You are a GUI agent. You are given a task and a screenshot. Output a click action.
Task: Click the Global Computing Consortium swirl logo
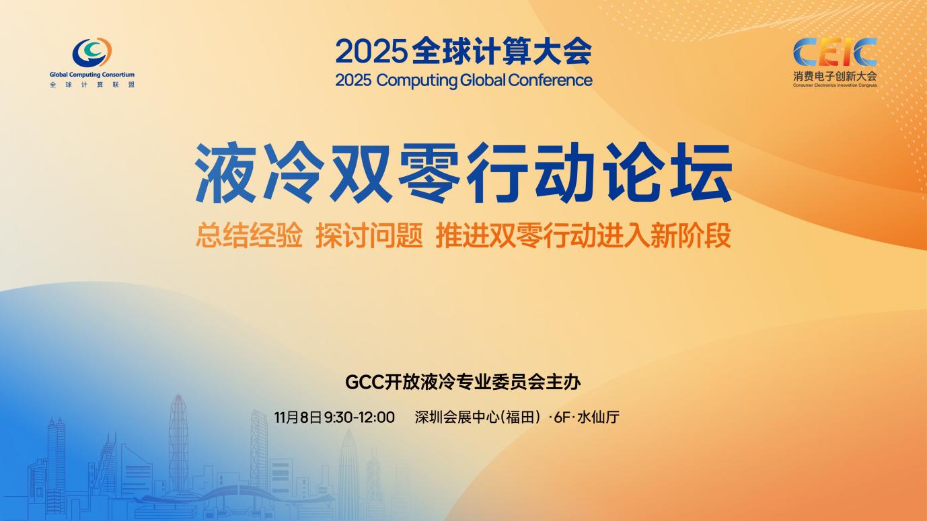point(92,52)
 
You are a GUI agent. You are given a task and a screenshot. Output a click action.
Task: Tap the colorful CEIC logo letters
point(835,52)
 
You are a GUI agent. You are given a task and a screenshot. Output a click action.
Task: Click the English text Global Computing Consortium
point(92,75)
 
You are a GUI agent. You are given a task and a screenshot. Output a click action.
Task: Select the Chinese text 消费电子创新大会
point(835,76)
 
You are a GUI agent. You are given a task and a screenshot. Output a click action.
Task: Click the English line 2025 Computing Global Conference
point(463,80)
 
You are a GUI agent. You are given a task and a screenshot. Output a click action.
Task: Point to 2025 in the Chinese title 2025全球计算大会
point(371,51)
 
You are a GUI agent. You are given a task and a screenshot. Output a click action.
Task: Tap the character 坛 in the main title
point(702,173)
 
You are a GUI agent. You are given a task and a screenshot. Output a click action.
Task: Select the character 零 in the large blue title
point(429,173)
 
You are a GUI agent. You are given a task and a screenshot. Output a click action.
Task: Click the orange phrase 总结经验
point(249,235)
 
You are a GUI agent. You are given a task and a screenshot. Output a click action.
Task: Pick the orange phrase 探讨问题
point(369,235)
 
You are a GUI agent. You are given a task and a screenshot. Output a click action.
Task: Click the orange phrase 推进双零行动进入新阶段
point(583,235)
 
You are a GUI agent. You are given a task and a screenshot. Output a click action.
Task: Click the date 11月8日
point(297,417)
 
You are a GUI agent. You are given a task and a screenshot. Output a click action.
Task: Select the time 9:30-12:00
point(359,417)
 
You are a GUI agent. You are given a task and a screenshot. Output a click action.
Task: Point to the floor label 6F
point(562,417)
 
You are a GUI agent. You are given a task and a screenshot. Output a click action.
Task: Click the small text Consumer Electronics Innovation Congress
point(835,85)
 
